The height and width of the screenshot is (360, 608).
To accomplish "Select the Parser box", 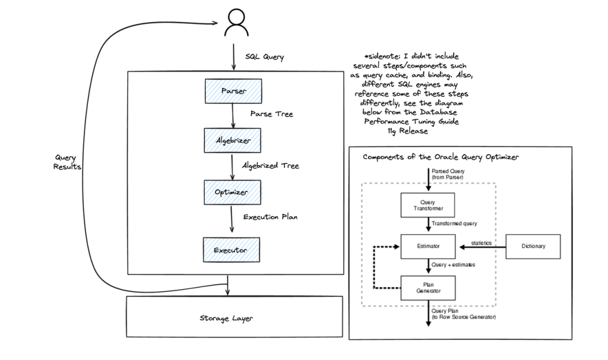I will pyautogui.click(x=233, y=91).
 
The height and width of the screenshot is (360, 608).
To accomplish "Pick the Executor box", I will pyautogui.click(x=231, y=250).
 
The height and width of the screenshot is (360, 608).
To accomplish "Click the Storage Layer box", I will pyautogui.click(x=235, y=318).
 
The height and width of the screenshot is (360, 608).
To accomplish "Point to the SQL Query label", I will pyautogui.click(x=265, y=57).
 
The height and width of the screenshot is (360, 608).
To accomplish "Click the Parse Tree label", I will pyautogui.click(x=272, y=113).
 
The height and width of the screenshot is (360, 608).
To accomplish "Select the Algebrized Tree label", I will pyautogui.click(x=270, y=166).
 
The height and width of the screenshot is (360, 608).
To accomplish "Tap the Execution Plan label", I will pyautogui.click(x=270, y=217).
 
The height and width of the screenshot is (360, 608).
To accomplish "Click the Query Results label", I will pyautogui.click(x=67, y=162).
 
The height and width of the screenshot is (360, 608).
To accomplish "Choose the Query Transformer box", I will pyautogui.click(x=428, y=206).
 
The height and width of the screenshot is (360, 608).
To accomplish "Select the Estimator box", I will pyautogui.click(x=428, y=246).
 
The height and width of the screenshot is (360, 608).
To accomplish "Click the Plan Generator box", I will pyautogui.click(x=428, y=288).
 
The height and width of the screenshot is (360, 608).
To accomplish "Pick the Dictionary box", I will pyautogui.click(x=533, y=246).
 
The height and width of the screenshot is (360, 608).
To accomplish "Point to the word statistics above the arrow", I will pyautogui.click(x=482, y=243).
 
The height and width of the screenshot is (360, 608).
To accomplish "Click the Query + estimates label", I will pyautogui.click(x=453, y=265).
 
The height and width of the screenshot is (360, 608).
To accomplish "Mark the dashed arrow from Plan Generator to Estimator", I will pyautogui.click(x=374, y=267).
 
